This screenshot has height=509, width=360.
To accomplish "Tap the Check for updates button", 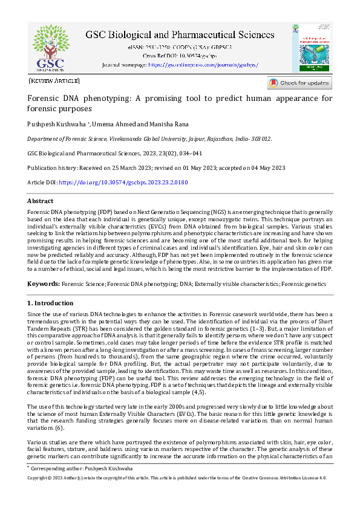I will pyautogui.click(x=299, y=83).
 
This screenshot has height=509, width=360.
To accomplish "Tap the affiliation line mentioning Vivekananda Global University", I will pyautogui.click(x=149, y=138).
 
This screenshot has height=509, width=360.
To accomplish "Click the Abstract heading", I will pyautogui.click(x=41, y=201).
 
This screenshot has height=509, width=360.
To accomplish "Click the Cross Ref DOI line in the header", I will pyautogui.click(x=180, y=55).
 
